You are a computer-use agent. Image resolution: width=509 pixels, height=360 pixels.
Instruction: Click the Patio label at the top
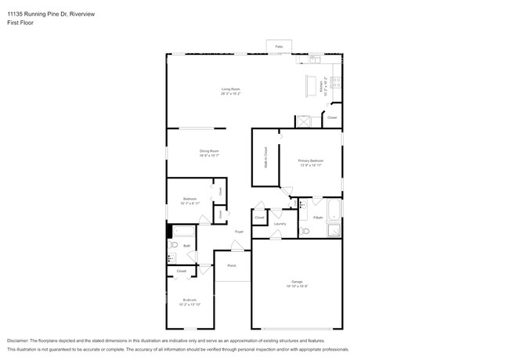pos(279,47)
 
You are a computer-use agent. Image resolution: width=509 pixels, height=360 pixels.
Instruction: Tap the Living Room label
pos(229,91)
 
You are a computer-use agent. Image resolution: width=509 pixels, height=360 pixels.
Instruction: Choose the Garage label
pos(298,283)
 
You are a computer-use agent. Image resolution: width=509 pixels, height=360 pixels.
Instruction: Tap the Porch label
pos(232,266)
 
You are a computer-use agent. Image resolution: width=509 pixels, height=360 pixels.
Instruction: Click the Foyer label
pos(240,232)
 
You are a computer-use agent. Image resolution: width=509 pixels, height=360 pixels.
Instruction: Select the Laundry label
pos(280,224)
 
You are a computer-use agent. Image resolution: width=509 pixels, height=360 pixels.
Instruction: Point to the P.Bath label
pos(318,217)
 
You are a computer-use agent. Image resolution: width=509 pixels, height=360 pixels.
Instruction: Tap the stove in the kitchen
pos(338,81)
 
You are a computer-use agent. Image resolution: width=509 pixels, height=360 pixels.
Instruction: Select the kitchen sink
pos(315,59)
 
